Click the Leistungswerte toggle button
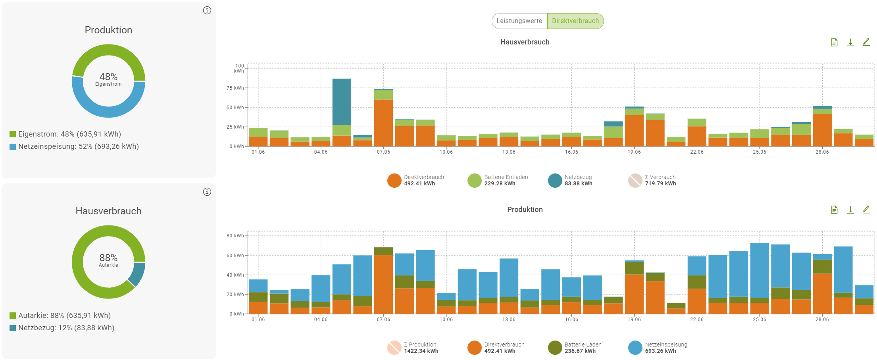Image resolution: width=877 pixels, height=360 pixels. (519, 21)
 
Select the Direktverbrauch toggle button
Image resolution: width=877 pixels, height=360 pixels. (575, 21)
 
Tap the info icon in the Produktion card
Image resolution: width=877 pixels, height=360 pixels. (207, 10)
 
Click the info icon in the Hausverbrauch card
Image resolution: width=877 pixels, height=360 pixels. (207, 192)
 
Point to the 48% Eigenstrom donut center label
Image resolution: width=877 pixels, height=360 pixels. (108, 79)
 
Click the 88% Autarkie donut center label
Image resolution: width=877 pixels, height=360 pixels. (108, 260)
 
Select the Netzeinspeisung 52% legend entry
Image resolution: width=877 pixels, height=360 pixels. (74, 146)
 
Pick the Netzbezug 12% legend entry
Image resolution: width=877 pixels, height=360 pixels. (62, 328)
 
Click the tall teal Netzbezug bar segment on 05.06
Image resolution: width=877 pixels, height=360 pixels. (342, 102)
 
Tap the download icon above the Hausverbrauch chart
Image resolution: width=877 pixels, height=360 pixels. (850, 42)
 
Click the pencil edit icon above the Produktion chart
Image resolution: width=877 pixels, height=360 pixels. (866, 210)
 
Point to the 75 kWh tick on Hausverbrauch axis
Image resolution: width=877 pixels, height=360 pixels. (235, 88)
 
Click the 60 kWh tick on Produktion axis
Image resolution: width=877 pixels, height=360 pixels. (235, 256)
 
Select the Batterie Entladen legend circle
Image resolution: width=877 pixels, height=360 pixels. (475, 181)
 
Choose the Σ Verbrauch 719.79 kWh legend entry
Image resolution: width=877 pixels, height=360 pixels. (653, 181)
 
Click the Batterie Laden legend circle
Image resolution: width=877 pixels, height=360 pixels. (555, 348)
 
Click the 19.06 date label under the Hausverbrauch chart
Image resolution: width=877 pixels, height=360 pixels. (634, 152)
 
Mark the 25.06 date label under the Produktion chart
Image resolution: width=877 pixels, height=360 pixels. (760, 320)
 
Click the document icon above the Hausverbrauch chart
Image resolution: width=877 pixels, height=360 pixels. (834, 42)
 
